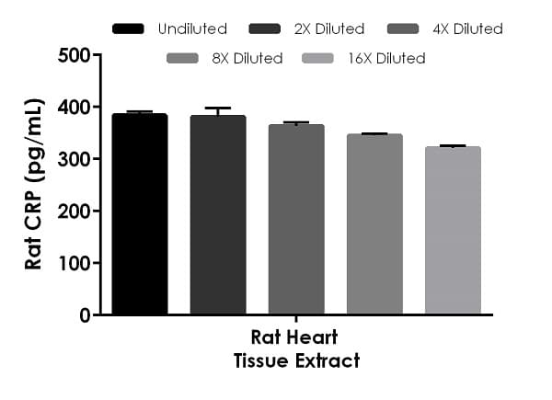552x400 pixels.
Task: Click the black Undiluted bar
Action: click(x=140, y=214)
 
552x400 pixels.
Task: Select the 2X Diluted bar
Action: click(x=218, y=215)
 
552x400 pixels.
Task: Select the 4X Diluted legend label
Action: click(x=468, y=29)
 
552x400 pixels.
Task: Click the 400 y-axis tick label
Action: click(x=73, y=108)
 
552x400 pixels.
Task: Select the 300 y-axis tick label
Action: click(x=73, y=159)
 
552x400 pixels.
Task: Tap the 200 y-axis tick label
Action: click(x=73, y=211)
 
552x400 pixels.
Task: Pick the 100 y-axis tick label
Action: click(x=73, y=264)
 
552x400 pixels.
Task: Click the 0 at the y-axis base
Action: click(x=84, y=315)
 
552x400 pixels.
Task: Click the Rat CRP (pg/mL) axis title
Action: click(x=34, y=185)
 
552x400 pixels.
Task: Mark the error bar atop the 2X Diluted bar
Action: click(x=218, y=110)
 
